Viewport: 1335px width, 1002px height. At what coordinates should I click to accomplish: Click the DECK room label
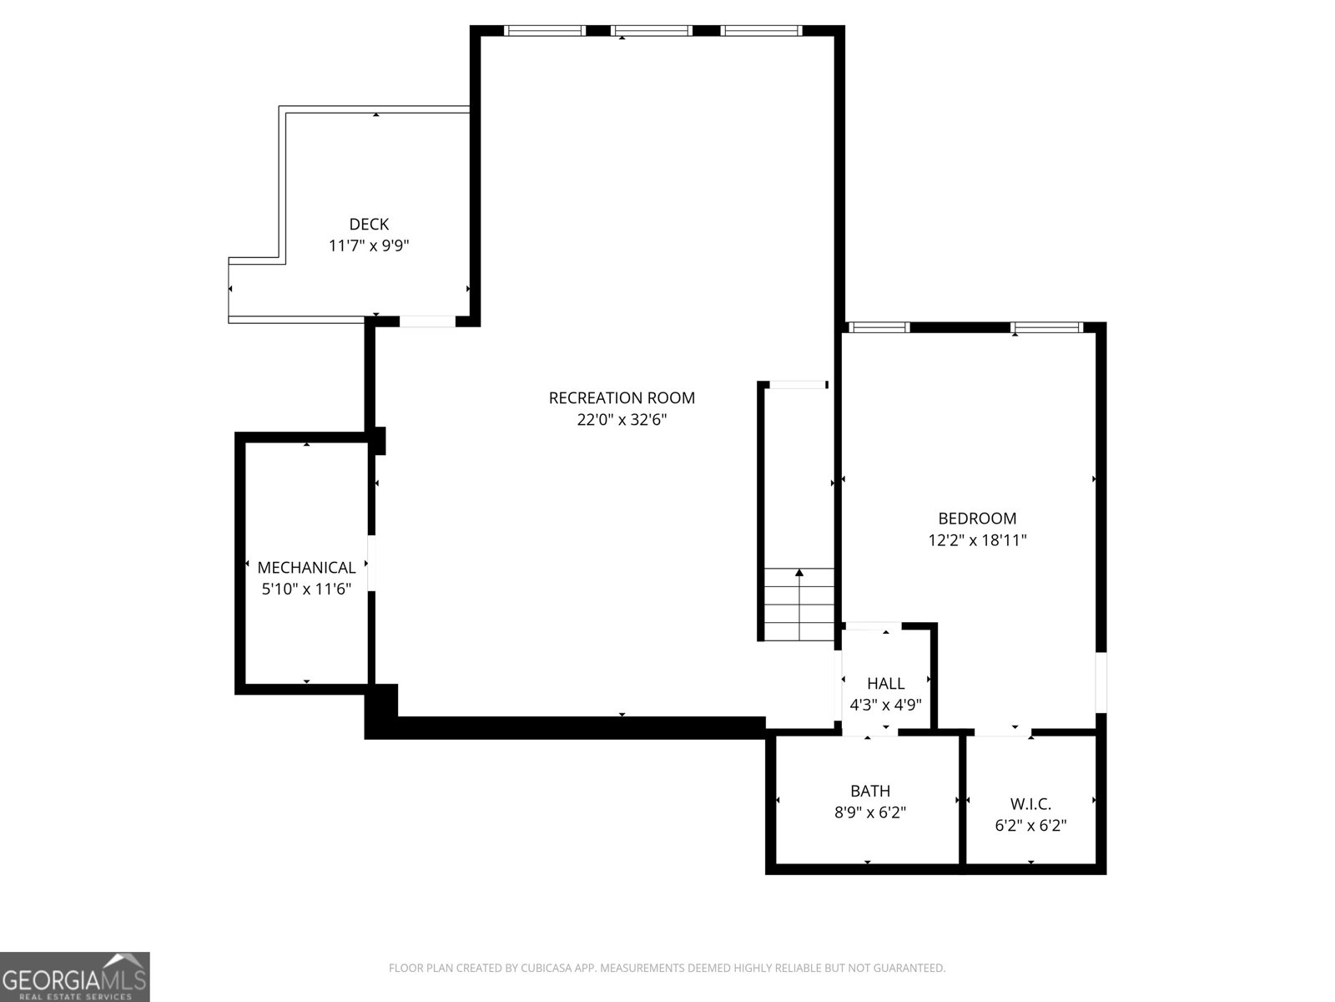(x=369, y=224)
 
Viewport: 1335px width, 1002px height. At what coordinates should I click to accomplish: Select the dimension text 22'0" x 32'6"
(x=622, y=420)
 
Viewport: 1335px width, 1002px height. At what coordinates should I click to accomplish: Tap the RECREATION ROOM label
(x=622, y=398)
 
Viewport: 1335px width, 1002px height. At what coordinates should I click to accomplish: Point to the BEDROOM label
(x=977, y=519)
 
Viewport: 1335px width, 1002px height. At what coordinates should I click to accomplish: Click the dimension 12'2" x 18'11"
(x=977, y=540)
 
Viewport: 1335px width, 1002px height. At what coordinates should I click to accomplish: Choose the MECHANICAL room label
(x=306, y=568)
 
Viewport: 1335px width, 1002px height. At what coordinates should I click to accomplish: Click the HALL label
(x=885, y=683)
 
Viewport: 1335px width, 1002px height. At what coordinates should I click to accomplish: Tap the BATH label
(x=870, y=791)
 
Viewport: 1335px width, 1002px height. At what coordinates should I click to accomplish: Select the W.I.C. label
(x=1030, y=804)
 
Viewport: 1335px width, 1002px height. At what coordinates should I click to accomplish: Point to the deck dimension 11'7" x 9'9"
(x=369, y=245)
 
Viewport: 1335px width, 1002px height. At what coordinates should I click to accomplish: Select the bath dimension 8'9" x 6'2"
(x=870, y=812)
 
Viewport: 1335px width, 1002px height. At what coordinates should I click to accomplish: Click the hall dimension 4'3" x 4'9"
(x=885, y=705)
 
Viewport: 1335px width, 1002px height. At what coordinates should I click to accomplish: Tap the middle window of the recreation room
(x=652, y=31)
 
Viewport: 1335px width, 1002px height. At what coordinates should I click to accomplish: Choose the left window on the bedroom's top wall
(x=879, y=327)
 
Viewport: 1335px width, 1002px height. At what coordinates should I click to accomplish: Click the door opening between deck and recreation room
(x=427, y=321)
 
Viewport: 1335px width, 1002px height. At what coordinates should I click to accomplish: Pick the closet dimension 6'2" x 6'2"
(x=1030, y=826)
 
